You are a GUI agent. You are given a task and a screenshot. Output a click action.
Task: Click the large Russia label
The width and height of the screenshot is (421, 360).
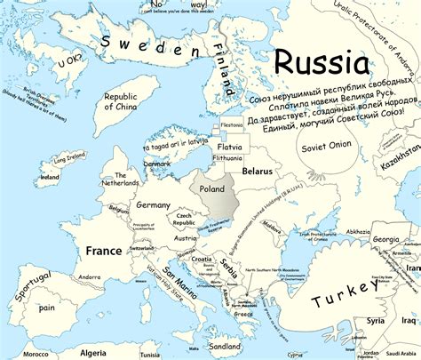point(322,63)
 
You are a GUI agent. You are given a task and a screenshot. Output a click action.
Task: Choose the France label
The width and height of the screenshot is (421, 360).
point(104,251)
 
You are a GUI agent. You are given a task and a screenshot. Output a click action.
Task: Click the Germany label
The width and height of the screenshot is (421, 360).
point(153,205)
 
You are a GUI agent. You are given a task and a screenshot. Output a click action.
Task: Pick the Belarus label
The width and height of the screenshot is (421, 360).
point(257,169)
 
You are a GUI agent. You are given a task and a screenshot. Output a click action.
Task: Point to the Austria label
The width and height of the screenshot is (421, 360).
point(187,238)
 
